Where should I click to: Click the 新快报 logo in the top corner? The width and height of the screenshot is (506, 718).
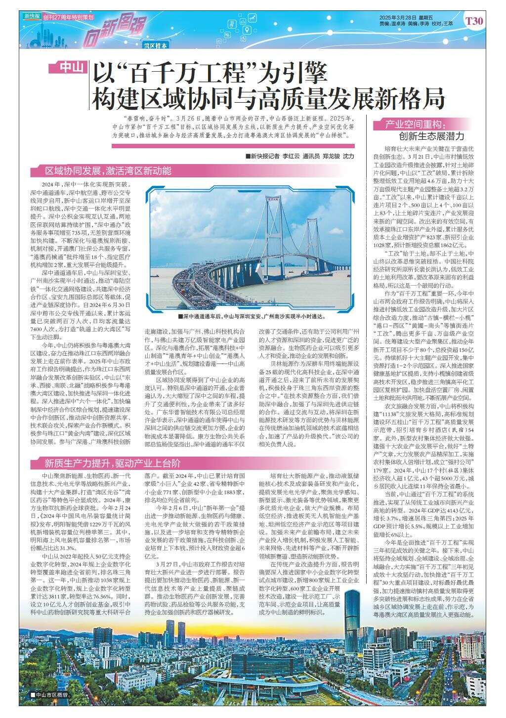(x=32, y=16)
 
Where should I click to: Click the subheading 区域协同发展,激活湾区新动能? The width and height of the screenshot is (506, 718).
(x=108, y=171)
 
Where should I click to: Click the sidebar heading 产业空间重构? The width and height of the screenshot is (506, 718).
(x=416, y=124)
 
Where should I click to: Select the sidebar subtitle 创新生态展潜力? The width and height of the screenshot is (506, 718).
(x=432, y=135)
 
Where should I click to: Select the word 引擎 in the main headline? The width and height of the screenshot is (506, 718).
(x=304, y=74)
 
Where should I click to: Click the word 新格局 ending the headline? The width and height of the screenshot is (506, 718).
(x=413, y=98)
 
